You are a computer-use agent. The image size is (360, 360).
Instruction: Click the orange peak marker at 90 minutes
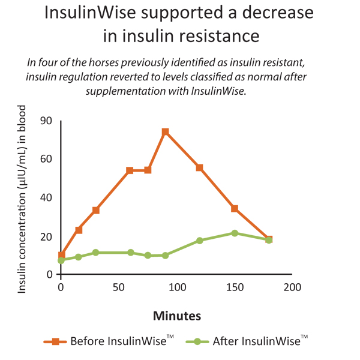pos(165,131)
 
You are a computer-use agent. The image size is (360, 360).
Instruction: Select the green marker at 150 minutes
pos(235,233)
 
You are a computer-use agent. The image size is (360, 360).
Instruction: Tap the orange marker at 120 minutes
pos(200,167)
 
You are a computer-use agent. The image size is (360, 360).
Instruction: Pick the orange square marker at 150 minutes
pos(235,209)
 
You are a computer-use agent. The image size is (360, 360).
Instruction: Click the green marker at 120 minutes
pos(200,241)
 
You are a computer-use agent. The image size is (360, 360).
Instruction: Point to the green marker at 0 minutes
pos(61,260)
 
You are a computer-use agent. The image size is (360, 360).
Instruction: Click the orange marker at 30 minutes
pos(96,211)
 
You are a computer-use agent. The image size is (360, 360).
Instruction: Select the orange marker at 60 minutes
pos(130,170)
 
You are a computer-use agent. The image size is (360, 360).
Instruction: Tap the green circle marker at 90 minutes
pos(165,256)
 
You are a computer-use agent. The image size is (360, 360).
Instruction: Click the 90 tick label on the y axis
pos(46,121)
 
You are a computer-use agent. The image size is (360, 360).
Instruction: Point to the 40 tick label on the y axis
pos(46,197)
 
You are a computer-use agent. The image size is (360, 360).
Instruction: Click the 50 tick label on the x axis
pos(118,287)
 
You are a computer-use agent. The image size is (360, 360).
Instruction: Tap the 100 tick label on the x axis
pos(176,287)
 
